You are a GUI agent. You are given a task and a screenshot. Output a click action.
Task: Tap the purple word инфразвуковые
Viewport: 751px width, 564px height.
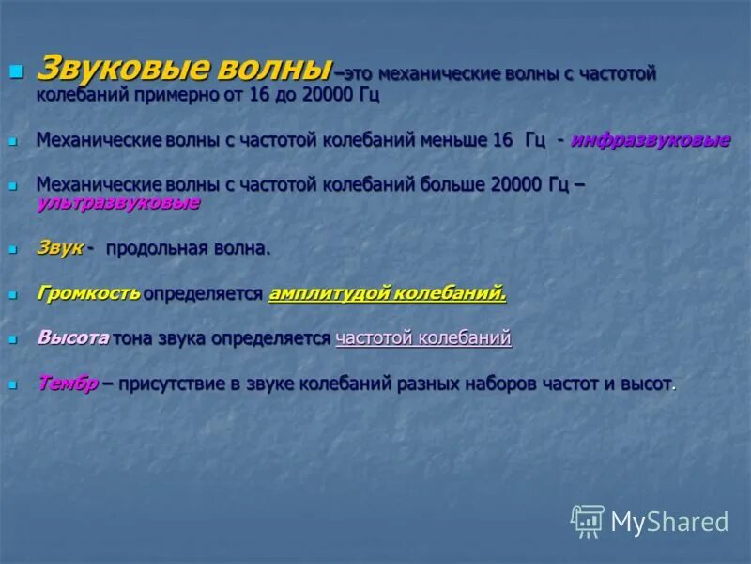[x=650, y=140]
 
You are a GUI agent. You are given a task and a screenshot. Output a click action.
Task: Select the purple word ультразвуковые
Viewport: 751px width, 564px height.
[x=117, y=202]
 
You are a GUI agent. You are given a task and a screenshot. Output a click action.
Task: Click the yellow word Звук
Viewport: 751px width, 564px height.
[x=60, y=247]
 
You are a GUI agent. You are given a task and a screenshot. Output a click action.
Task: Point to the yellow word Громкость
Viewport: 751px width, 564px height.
[x=88, y=293]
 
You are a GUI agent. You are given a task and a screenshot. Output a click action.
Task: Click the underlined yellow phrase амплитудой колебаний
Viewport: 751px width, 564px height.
[x=387, y=293]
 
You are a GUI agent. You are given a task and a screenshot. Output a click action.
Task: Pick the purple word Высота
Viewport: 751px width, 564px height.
[x=73, y=338]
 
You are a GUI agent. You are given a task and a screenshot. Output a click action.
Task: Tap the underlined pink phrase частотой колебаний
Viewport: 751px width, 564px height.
[x=422, y=338]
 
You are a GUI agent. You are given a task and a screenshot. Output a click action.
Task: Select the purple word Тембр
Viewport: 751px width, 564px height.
[x=68, y=384]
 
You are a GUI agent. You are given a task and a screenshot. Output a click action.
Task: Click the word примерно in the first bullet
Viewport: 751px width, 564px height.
[x=161, y=95]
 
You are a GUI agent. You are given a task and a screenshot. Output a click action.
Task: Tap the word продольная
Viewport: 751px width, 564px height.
[x=159, y=248]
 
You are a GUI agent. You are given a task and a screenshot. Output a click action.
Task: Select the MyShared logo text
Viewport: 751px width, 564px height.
[x=669, y=523]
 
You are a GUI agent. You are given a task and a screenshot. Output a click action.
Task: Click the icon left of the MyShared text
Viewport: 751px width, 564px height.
[x=588, y=521]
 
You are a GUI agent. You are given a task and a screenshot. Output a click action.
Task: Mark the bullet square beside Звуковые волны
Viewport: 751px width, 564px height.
[x=14, y=71]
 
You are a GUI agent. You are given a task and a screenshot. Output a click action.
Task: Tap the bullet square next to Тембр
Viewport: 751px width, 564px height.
[x=13, y=384]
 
